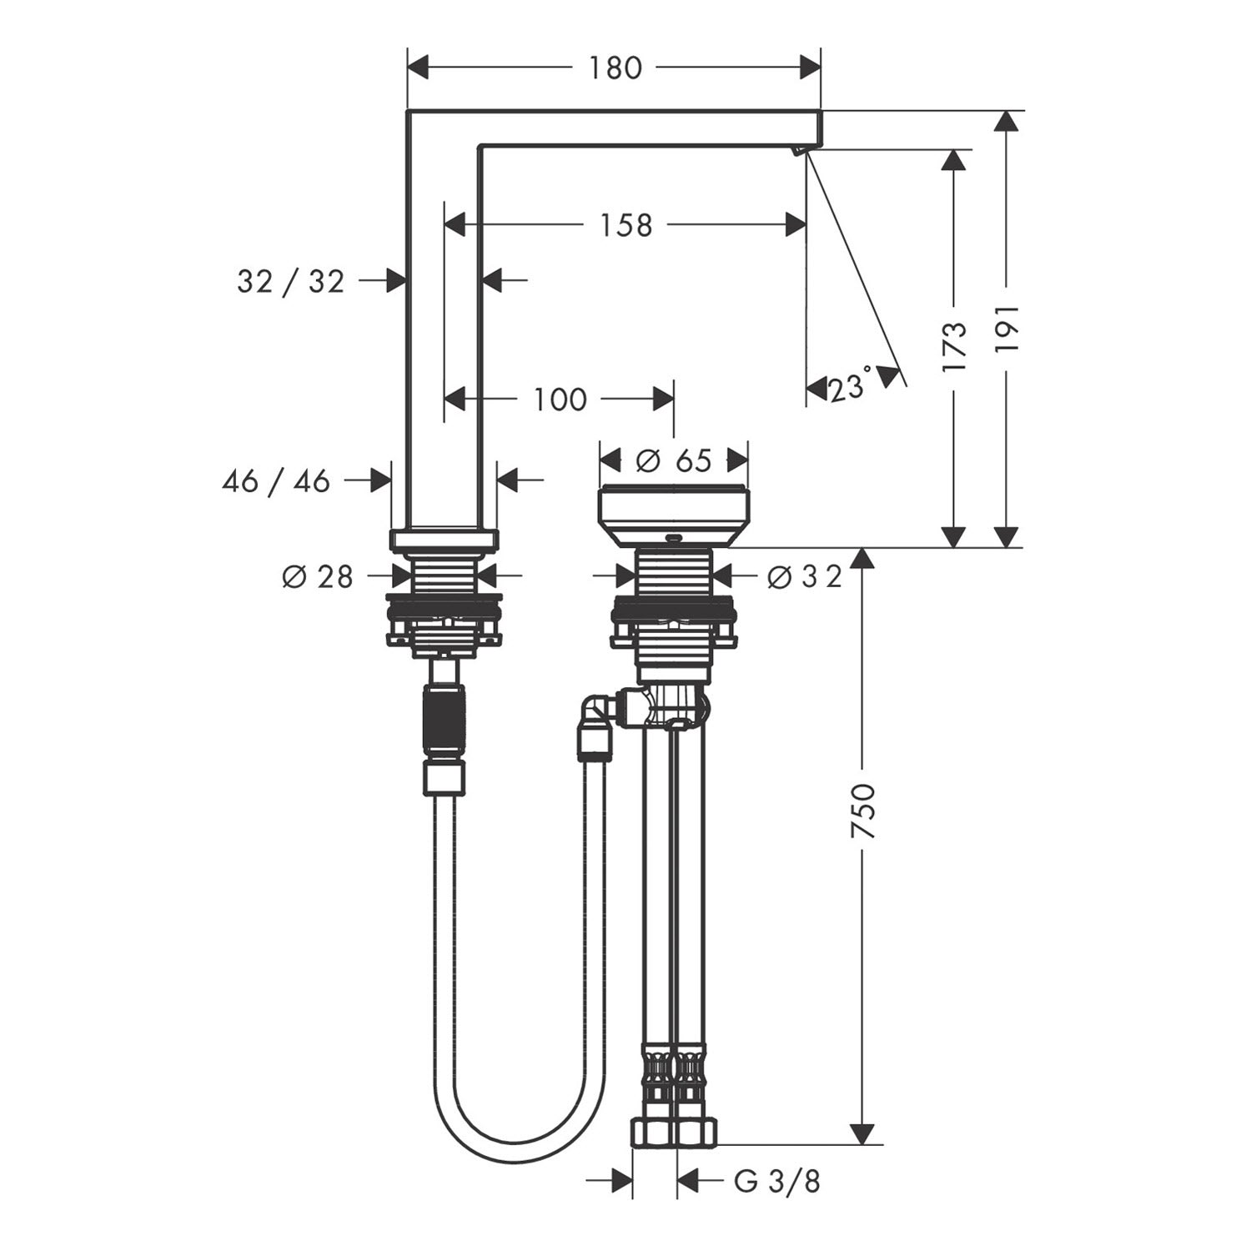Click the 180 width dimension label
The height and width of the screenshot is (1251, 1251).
[x=615, y=68]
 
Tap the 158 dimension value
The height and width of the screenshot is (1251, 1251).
[x=626, y=224]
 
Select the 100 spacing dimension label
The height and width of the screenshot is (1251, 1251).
[x=560, y=399]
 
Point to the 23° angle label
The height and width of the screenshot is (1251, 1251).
[x=850, y=386]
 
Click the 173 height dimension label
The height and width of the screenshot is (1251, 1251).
[x=954, y=346]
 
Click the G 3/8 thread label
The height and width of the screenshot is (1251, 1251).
[x=777, y=1181]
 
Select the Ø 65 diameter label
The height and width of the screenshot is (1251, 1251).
[x=674, y=460]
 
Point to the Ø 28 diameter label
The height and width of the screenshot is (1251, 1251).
[x=318, y=576]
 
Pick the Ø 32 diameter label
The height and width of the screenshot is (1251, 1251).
[x=805, y=576]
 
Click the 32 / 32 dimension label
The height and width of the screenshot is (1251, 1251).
[x=290, y=281]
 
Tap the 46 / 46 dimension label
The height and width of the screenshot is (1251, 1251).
[x=276, y=480]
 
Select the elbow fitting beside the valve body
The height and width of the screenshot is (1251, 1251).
[x=597, y=710]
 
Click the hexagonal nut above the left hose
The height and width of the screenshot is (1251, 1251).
[x=445, y=779]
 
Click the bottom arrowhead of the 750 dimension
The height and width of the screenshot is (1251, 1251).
[x=862, y=1133]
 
